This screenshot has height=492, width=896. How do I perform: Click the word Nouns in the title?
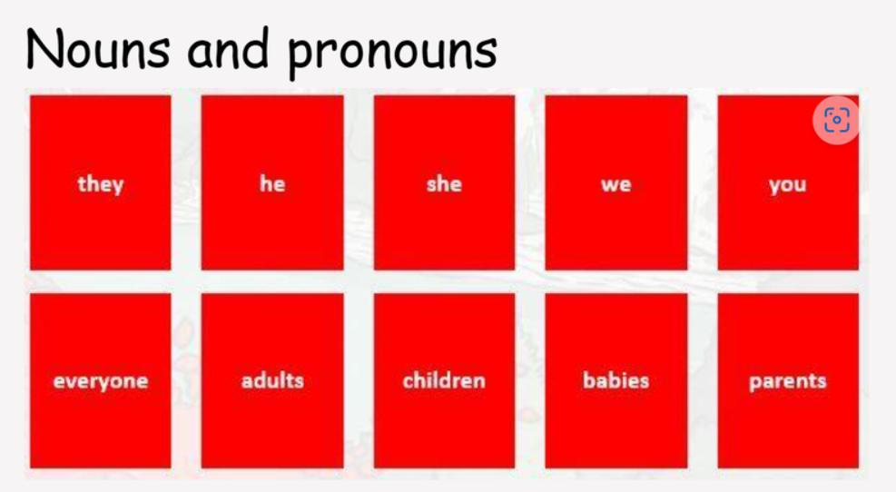[98, 49]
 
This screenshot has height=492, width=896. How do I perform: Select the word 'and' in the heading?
[228, 47]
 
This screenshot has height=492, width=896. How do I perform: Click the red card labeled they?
[101, 182]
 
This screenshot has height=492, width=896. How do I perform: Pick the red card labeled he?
[272, 182]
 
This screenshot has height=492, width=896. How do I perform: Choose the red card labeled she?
[445, 182]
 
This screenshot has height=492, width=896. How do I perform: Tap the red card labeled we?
[616, 182]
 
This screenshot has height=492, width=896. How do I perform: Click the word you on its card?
[787, 185]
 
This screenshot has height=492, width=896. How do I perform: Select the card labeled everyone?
[101, 381]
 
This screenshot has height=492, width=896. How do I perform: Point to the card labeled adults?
[272, 381]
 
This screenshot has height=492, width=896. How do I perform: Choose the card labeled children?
[445, 381]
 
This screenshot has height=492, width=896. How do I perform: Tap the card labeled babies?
[616, 381]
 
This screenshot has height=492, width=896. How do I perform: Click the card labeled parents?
[788, 381]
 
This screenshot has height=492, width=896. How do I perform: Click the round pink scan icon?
[837, 120]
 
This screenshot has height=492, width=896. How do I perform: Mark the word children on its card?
[444, 380]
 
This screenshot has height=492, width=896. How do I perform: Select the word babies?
[616, 380]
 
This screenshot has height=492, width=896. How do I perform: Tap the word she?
[444, 183]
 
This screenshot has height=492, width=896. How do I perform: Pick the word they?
[101, 184]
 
